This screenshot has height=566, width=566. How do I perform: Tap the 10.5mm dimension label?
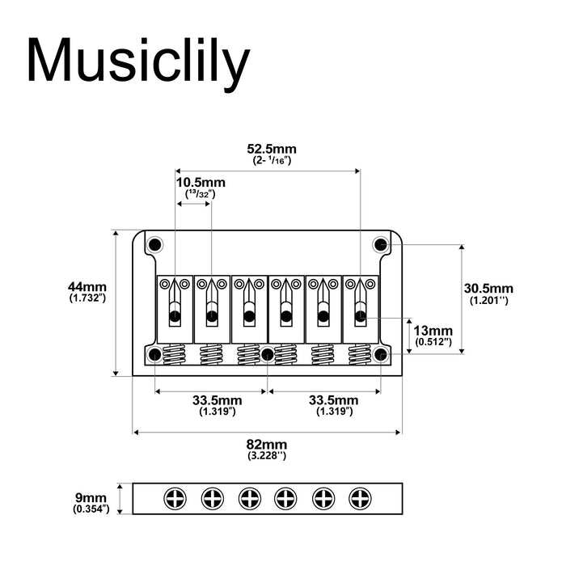(x=201, y=183)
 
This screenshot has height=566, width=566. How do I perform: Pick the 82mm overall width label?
(x=267, y=446)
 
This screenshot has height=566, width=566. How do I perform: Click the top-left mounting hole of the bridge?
(x=154, y=243)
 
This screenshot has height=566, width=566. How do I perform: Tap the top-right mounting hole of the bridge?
(x=380, y=243)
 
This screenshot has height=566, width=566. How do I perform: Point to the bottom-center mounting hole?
(x=268, y=353)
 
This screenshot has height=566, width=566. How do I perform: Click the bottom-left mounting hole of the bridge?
(x=154, y=353)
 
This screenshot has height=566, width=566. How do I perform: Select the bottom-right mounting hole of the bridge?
(x=382, y=353)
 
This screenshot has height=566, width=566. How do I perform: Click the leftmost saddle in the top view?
(x=174, y=303)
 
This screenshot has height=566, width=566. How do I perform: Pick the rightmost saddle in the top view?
(x=360, y=303)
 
